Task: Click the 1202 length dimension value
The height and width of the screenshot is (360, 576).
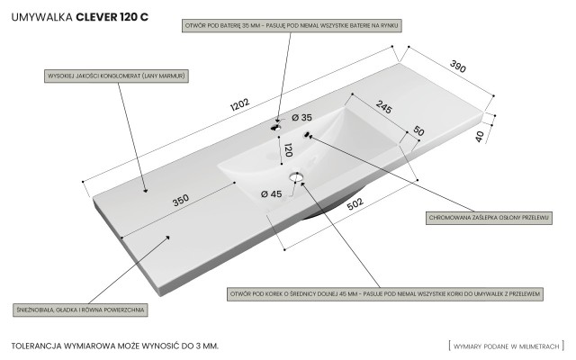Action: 238,104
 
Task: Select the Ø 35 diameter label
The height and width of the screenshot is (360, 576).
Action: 301,118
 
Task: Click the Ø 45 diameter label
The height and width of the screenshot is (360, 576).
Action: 271,193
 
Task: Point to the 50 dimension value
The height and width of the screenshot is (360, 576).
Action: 418,131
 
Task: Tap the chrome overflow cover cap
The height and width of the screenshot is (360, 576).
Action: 308,135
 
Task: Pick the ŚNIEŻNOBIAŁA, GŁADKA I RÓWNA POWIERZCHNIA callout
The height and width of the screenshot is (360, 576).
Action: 81,309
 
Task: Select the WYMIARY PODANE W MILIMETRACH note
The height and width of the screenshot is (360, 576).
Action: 505,345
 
